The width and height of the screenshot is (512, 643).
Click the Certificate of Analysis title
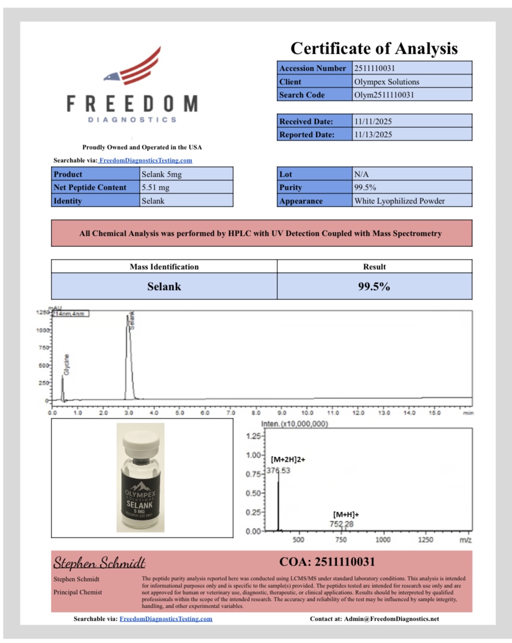[374, 48]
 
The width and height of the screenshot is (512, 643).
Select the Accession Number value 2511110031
[374, 68]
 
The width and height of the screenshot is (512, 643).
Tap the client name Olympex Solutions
[387, 82]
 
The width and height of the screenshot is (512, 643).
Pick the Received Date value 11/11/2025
[373, 122]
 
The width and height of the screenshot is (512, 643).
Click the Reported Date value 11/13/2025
[373, 135]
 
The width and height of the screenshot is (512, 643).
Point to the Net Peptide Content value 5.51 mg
[155, 187]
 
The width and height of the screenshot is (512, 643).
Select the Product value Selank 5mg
[162, 174]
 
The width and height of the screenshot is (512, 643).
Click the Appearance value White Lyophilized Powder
[399, 201]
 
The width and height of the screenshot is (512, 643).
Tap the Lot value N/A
[361, 174]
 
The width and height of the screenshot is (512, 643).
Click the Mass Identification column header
[164, 267]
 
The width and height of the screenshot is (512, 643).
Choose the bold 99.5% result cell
[374, 287]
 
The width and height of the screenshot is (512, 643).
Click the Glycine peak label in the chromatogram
[67, 365]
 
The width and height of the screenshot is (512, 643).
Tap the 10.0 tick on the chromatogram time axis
[307, 413]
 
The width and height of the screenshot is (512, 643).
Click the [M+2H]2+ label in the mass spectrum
[288, 459]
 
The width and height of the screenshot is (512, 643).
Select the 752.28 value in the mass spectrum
[341, 524]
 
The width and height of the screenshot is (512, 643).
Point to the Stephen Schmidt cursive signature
[99, 563]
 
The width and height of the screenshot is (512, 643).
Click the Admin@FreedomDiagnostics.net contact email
[391, 619]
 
